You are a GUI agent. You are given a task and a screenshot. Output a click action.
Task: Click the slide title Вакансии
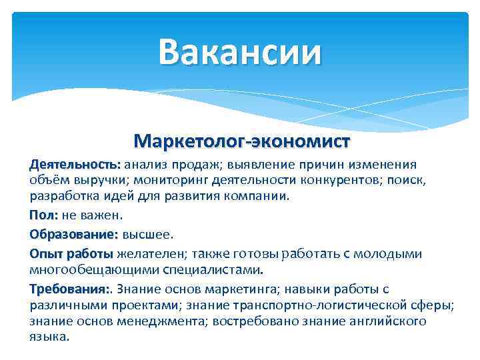pos(240,52)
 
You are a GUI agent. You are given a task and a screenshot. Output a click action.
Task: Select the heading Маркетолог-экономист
pos(241,141)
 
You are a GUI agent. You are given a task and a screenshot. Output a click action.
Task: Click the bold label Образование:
pos(73,235)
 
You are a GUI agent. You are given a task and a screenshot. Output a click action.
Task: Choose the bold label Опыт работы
pos(71,254)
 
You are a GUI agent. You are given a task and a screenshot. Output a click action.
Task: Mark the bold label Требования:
pos(70,289)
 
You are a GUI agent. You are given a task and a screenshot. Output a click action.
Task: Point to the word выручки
pos(92,180)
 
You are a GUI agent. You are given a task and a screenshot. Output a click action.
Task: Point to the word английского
pos(388,321)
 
